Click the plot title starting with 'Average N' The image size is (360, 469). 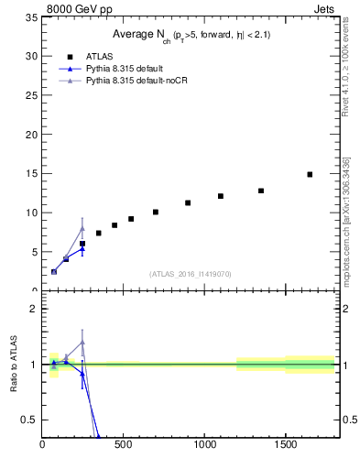pos(191,34)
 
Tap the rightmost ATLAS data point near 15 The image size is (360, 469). pos(310,174)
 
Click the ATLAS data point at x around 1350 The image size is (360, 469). pos(261,191)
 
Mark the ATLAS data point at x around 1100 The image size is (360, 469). pos(221,196)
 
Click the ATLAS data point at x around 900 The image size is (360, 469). pos(188,202)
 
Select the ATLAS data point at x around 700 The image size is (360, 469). pos(156,212)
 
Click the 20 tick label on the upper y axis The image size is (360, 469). pos(31,135)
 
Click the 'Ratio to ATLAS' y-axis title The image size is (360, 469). pos(12,364)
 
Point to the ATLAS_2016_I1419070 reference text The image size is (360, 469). pos(191,274)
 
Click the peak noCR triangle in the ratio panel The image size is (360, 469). pos(82,342)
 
